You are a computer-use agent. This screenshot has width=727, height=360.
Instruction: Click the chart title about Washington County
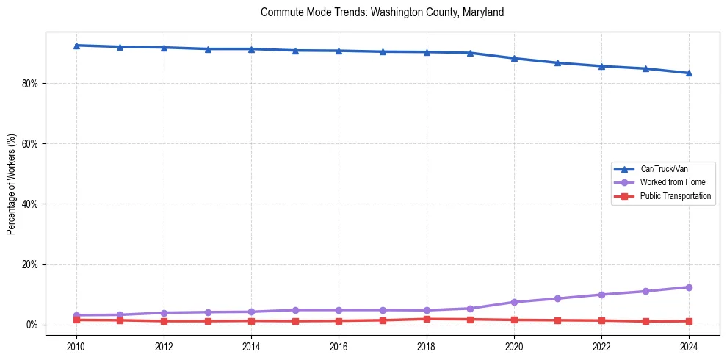click(x=382, y=12)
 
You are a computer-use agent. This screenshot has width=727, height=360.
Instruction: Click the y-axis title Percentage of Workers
click(x=11, y=184)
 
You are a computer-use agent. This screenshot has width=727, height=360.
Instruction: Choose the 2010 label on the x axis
click(x=76, y=346)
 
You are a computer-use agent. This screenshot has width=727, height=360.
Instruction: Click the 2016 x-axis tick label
click(x=339, y=346)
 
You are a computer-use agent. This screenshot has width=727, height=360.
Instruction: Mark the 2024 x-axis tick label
click(x=689, y=346)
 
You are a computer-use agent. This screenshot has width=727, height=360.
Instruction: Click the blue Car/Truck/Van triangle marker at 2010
click(x=76, y=46)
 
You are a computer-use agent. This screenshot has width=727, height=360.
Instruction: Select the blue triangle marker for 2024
click(x=689, y=73)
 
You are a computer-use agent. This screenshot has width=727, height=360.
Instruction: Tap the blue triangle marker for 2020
click(x=514, y=58)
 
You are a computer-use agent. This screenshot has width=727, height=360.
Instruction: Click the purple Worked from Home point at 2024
click(x=689, y=287)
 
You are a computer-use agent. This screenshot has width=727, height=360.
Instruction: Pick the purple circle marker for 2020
click(x=514, y=302)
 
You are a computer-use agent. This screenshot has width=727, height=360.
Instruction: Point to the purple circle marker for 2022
click(x=601, y=295)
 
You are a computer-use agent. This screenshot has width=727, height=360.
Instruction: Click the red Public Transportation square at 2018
click(x=427, y=319)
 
